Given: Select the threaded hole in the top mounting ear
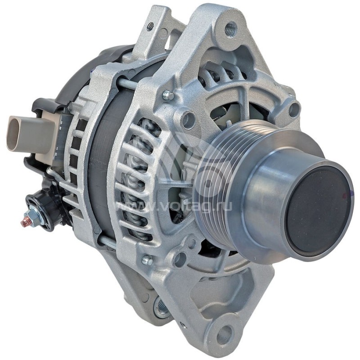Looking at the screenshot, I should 231,29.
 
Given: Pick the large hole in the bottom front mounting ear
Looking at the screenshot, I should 224,334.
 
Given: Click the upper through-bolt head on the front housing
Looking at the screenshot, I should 168,95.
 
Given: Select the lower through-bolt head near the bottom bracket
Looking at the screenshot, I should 146,260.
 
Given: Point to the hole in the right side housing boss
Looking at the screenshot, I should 293,108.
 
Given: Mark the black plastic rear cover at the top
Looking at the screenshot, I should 90,67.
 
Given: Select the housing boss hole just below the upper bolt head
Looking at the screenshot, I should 188,120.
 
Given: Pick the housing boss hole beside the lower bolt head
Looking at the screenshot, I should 180,259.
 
